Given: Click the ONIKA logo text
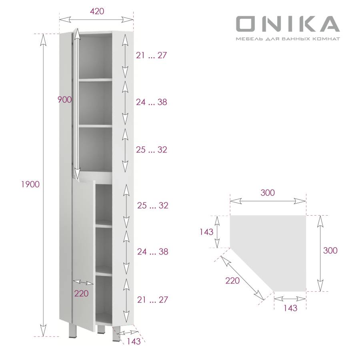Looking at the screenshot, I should click(x=287, y=24).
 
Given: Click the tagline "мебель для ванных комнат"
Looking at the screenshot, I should click(x=288, y=39).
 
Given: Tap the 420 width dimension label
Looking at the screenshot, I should click(x=97, y=11).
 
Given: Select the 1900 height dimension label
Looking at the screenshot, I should click(x=30, y=184).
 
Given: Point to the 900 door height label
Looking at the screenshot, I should click(x=64, y=100).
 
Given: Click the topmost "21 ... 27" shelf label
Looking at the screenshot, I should click(x=151, y=56).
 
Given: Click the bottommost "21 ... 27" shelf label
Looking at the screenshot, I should click(x=152, y=300).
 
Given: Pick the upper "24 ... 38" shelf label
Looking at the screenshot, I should click(x=151, y=102).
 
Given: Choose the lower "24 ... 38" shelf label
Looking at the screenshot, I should click(x=152, y=252).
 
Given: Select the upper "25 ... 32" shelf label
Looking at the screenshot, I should click(x=151, y=150).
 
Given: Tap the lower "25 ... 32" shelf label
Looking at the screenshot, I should click(x=152, y=206).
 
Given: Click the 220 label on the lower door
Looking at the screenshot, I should click(x=81, y=294).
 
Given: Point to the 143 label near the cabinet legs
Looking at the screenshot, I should click(x=134, y=342).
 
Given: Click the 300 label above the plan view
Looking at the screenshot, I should click(x=268, y=192).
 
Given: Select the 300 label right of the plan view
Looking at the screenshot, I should click(x=330, y=251).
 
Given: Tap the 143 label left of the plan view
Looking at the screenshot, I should click(x=207, y=232).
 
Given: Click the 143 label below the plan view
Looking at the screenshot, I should click(x=290, y=308).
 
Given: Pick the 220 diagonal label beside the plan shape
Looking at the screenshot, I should click(x=232, y=280).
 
